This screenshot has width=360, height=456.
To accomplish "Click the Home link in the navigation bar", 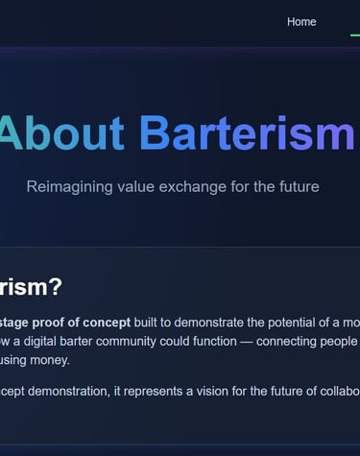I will [x=301, y=22].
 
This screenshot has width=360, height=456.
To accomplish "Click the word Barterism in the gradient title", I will [x=247, y=134].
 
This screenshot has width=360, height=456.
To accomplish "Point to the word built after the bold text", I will [x=150, y=322].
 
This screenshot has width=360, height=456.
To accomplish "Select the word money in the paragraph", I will [x=52, y=361].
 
